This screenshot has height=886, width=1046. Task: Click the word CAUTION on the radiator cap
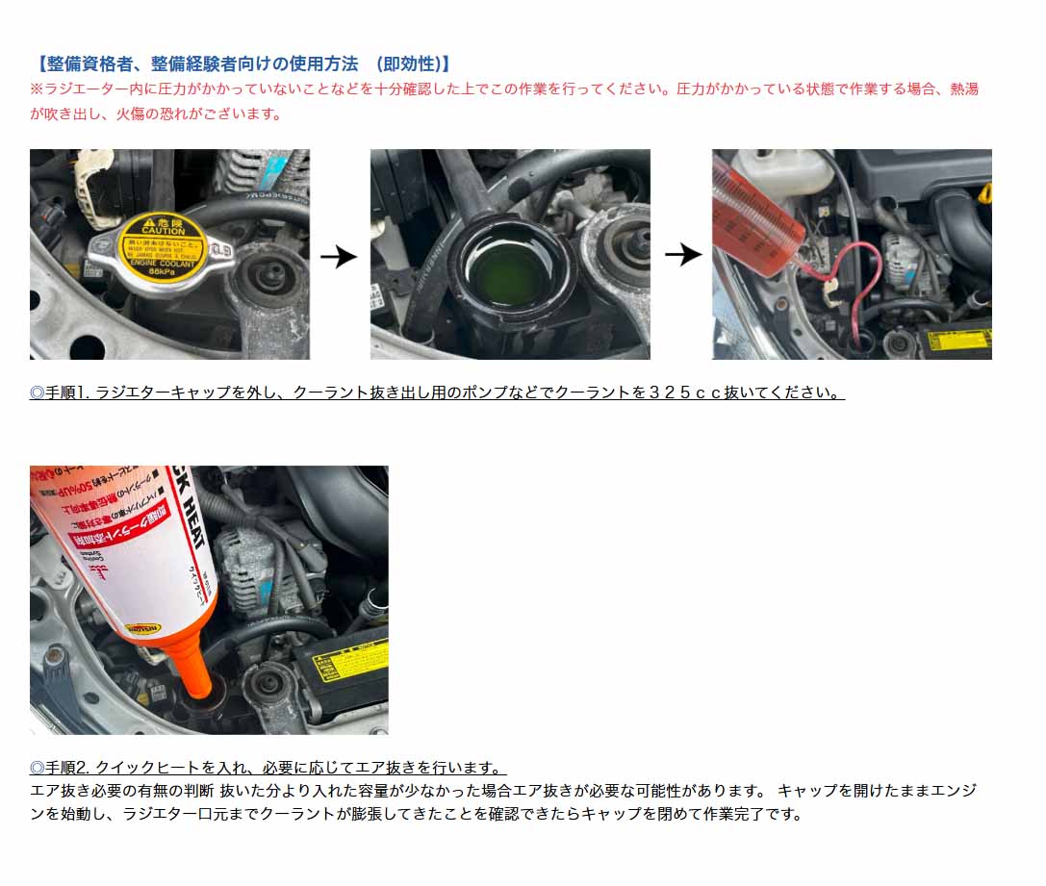click(x=163, y=231)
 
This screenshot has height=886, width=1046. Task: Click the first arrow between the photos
click(x=339, y=257)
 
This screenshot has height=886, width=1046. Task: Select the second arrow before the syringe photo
click(x=683, y=255)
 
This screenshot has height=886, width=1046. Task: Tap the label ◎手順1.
click(x=59, y=393)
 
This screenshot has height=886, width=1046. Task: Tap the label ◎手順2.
click(x=60, y=768)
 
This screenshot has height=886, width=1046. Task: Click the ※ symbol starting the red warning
click(x=37, y=89)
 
